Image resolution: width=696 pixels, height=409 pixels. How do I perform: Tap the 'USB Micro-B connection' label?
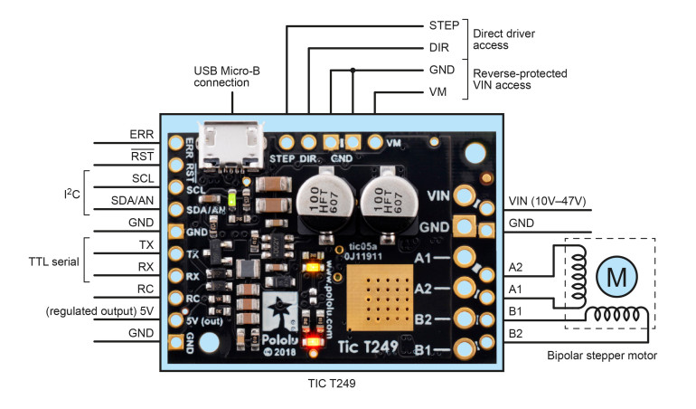coord(221,76)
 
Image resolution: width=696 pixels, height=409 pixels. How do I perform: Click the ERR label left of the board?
coord(143,134)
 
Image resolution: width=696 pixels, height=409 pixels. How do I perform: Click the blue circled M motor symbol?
coord(616,277)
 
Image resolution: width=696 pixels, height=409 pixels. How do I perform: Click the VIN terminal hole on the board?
coord(466,195)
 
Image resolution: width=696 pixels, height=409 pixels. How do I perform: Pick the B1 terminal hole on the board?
coord(466,347)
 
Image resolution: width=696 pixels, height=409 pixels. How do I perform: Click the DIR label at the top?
coord(436,48)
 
